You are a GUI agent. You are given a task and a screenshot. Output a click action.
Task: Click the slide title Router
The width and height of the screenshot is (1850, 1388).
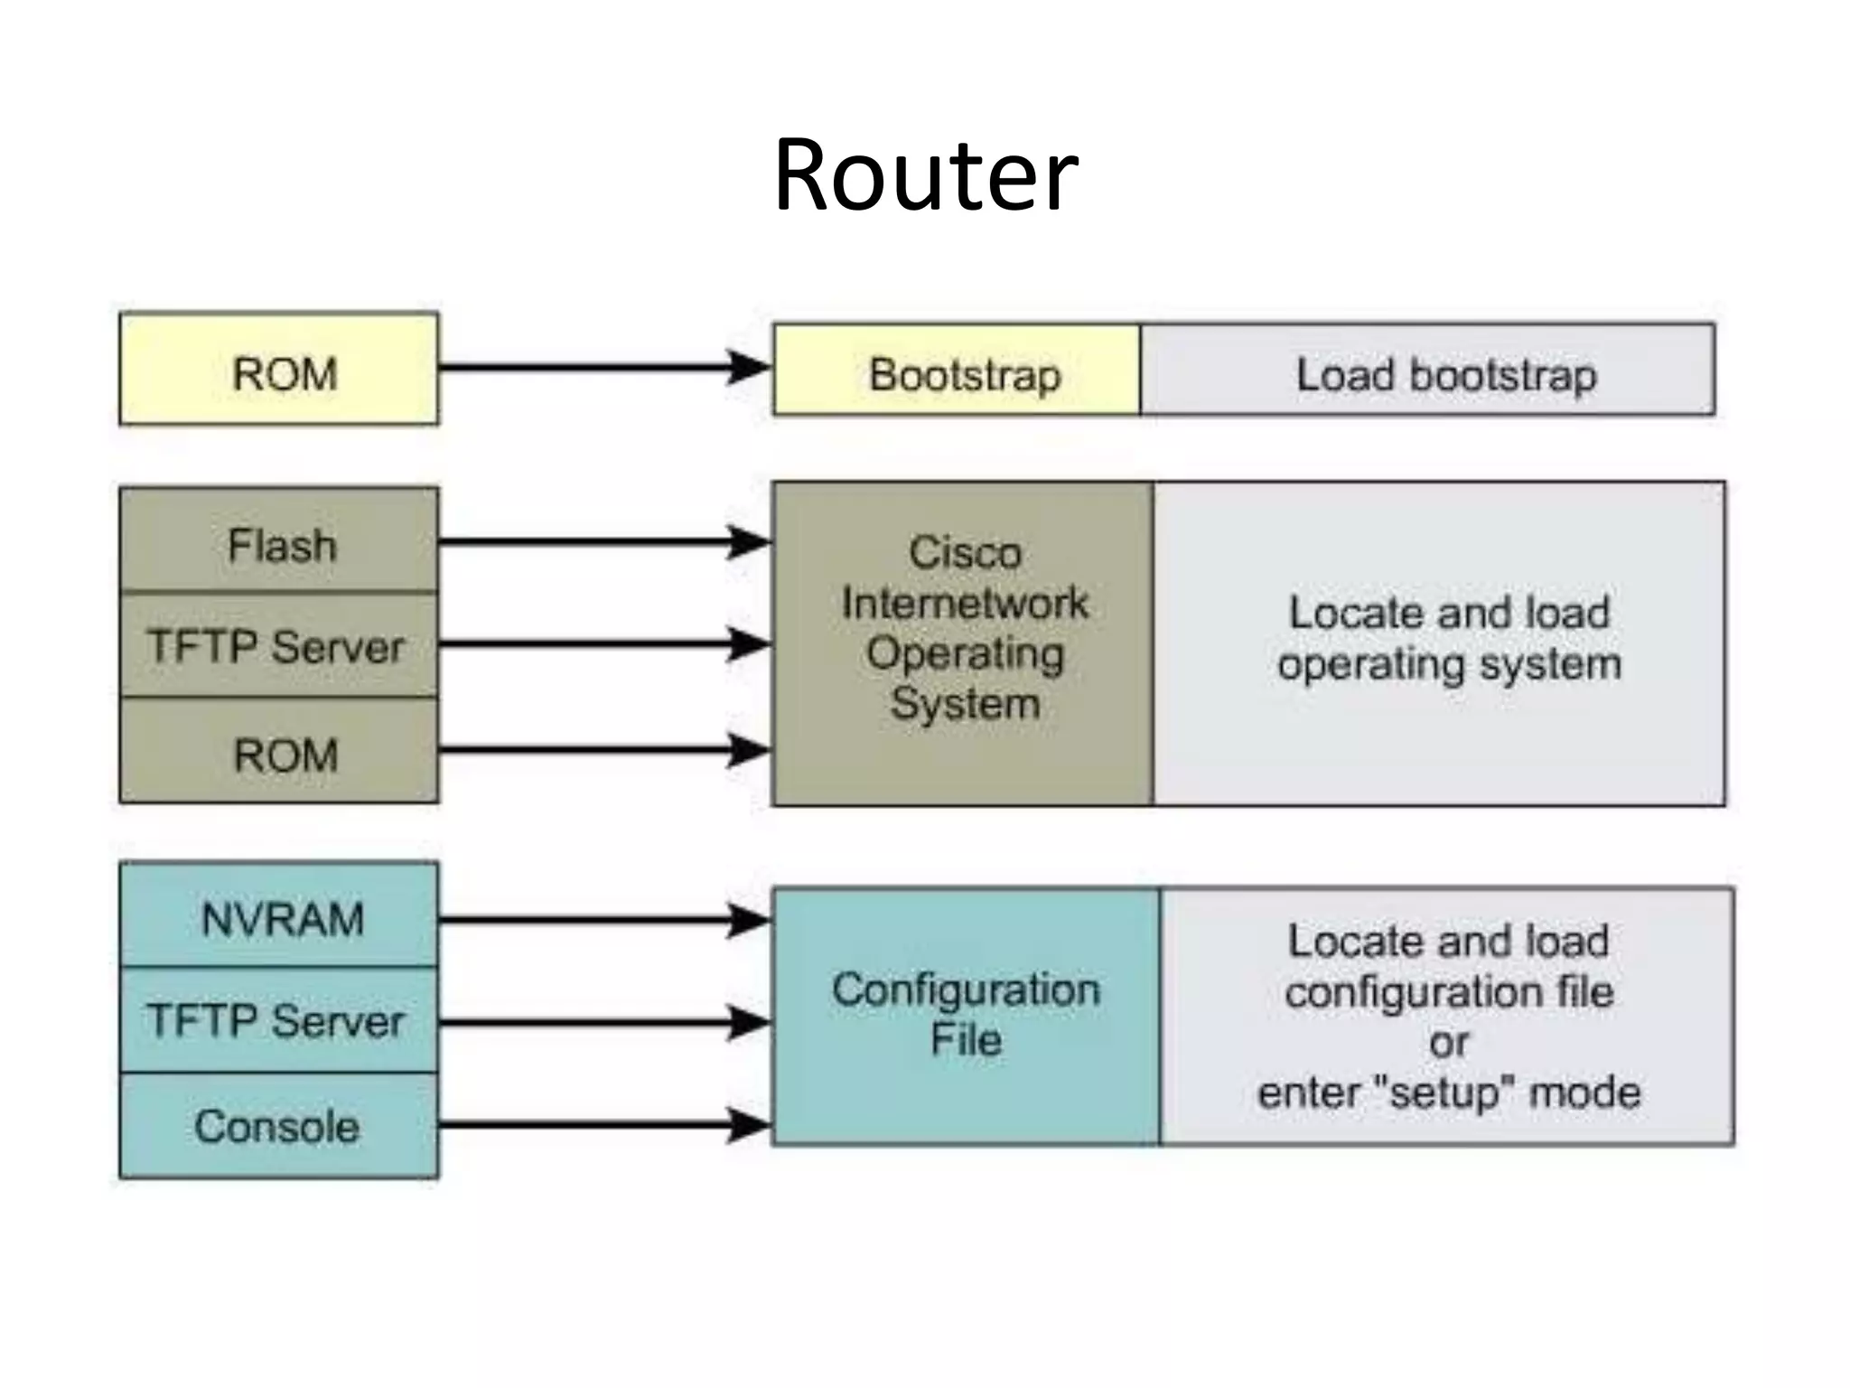click(925, 175)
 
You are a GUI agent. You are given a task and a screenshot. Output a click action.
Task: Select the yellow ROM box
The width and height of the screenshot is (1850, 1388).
click(279, 369)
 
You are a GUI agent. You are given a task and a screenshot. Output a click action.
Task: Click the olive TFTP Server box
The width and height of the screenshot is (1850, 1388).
click(279, 645)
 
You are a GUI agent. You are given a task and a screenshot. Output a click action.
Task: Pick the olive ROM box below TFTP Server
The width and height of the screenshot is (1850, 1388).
click(279, 752)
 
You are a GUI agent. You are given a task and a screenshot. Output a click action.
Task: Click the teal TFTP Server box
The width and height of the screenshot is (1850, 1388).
click(279, 1020)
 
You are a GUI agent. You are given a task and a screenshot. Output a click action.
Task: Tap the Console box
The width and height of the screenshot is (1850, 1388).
click(279, 1126)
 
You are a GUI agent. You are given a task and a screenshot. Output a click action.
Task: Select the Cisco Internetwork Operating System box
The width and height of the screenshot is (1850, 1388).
click(963, 643)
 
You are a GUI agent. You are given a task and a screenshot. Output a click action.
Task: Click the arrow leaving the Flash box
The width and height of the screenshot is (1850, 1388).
click(596, 542)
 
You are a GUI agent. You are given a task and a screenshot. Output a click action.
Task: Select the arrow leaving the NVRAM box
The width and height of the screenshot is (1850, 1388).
click(596, 920)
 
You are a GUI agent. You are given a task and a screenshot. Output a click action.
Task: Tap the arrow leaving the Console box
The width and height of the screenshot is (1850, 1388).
click(596, 1125)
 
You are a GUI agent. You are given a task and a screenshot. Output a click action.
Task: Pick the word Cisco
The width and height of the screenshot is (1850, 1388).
click(965, 552)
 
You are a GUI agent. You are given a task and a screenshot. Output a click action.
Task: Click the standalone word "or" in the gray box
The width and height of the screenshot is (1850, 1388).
click(1448, 1044)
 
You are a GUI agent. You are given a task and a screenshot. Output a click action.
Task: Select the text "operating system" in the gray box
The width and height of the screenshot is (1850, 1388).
click(1449, 665)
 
